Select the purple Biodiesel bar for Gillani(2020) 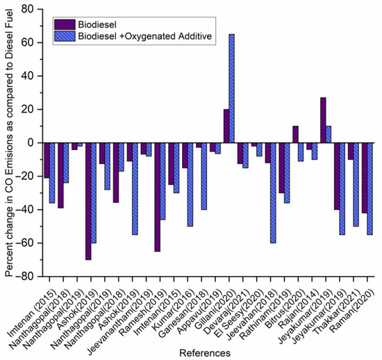[x=226, y=126]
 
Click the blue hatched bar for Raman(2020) [x=370, y=188]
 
